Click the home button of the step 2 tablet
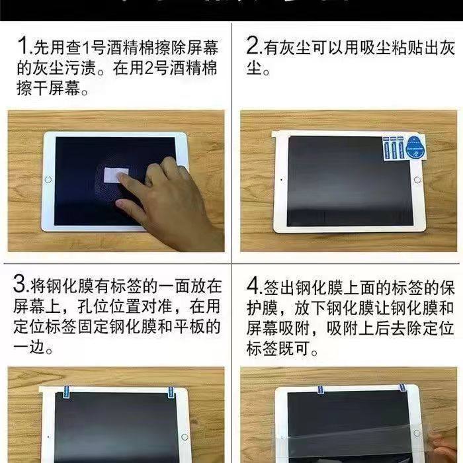pyautogui.click(x=417, y=180)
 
